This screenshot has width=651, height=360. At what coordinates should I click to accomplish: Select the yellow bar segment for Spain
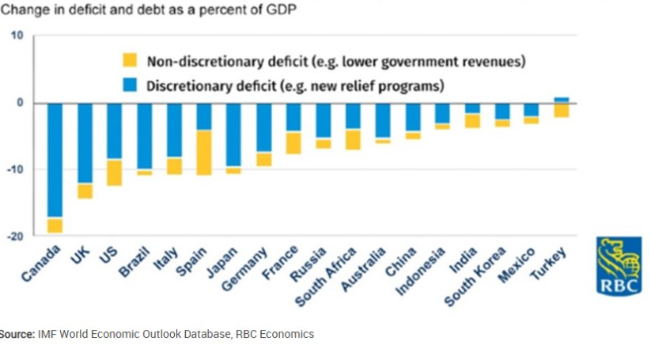tap(204, 152)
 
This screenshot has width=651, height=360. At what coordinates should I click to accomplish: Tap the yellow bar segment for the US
tap(115, 172)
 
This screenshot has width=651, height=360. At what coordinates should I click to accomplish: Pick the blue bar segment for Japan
tap(233, 135)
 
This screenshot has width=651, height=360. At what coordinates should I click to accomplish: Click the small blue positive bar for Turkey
tap(561, 100)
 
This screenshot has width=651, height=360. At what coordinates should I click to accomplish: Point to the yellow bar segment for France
tap(293, 142)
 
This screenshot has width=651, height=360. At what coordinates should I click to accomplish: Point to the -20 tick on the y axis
tap(17, 236)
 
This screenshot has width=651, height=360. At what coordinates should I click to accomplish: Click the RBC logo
tap(619, 266)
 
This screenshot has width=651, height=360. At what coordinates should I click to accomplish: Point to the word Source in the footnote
tap(16, 334)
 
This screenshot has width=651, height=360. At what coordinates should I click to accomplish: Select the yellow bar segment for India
tap(472, 120)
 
